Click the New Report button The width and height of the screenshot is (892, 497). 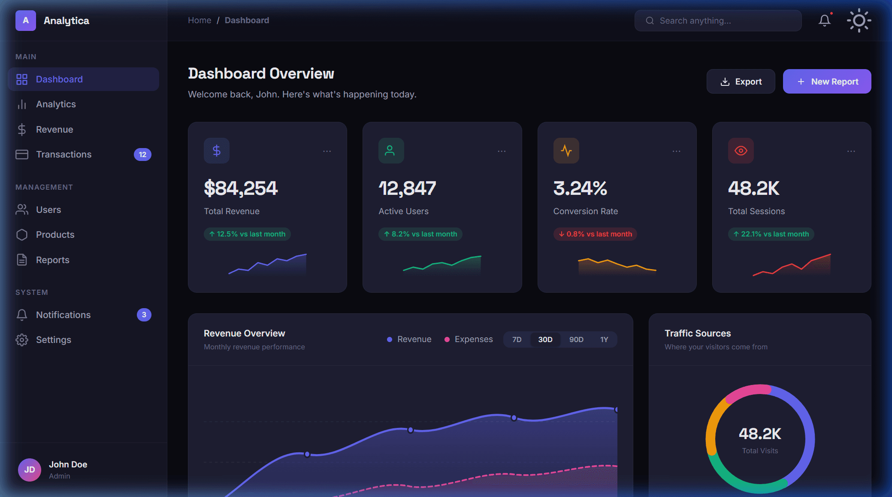(x=827, y=82)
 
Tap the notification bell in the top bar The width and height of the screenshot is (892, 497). (x=824, y=21)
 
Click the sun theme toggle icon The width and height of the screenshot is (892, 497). (x=859, y=21)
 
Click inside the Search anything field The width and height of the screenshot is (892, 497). (x=725, y=21)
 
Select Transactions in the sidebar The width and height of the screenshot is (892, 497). (x=63, y=155)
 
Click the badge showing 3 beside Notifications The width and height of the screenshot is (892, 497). (x=144, y=315)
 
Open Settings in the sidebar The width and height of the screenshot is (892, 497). (x=53, y=340)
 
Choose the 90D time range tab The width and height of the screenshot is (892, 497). (x=576, y=339)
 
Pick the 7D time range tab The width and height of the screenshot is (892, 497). (x=517, y=339)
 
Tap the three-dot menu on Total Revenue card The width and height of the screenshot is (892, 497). (x=327, y=151)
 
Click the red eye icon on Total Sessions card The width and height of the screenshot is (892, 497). (x=741, y=151)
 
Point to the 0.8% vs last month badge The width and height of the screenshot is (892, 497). (x=595, y=234)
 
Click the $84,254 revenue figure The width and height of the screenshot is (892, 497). (x=241, y=188)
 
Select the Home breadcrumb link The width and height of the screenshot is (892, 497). (x=199, y=20)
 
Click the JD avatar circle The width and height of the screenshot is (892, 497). (x=30, y=470)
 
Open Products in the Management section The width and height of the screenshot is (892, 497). (x=55, y=235)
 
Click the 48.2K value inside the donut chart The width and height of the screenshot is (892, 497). (x=760, y=433)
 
